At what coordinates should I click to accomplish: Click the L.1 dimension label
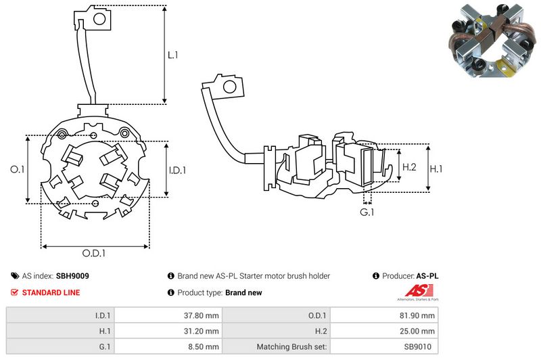(172, 55)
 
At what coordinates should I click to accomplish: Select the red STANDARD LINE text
(51, 293)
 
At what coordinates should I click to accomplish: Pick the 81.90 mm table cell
(419, 315)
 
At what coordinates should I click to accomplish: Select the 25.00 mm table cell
(419, 331)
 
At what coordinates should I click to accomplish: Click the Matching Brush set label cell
(292, 347)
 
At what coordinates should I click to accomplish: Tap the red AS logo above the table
(404, 292)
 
